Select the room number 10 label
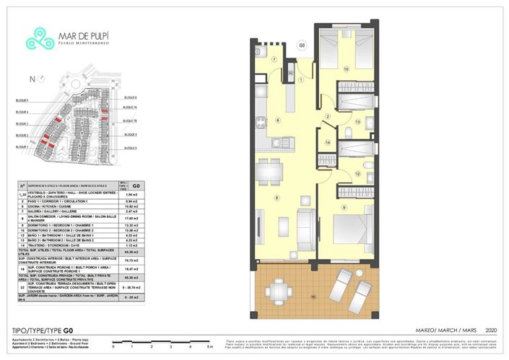coord(346,69)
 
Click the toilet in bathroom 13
coord(368,122)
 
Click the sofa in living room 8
coord(305,229)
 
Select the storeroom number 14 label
coord(327,143)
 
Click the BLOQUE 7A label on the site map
coord(130,107)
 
